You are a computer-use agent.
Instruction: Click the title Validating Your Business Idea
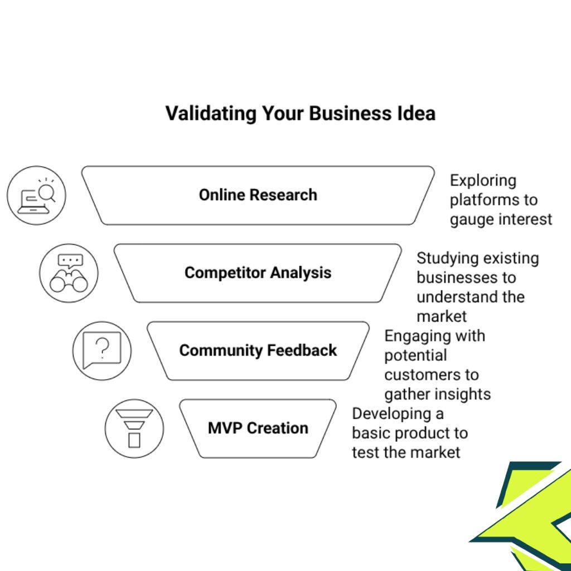pyautogui.click(x=300, y=114)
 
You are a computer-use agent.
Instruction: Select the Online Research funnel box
pyautogui.click(x=258, y=195)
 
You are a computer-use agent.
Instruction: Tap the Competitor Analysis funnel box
pyautogui.click(x=258, y=273)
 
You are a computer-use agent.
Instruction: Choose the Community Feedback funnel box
pyautogui.click(x=258, y=350)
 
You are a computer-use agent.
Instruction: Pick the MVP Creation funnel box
pyautogui.click(x=258, y=428)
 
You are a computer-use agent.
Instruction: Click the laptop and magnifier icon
pyautogui.click(x=36, y=195)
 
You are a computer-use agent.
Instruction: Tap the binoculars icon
pyautogui.click(x=69, y=273)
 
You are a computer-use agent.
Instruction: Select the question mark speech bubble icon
pyautogui.click(x=101, y=350)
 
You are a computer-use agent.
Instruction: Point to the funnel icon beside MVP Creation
pyautogui.click(x=134, y=428)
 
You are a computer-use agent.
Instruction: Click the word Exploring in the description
pyautogui.click(x=483, y=181)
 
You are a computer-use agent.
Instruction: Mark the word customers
pyautogui.click(x=417, y=375)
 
